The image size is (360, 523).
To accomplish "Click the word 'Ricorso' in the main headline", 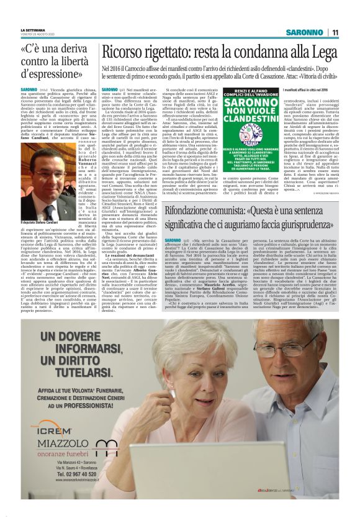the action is pyautogui.click(x=127, y=53).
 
